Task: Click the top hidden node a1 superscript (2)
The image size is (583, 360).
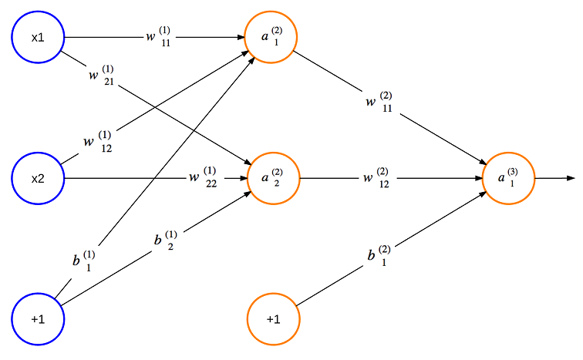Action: [x=271, y=37]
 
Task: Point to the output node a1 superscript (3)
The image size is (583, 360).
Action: [x=508, y=178]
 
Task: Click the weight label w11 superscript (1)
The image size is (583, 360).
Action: [x=158, y=37]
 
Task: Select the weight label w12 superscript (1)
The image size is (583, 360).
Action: [x=98, y=142]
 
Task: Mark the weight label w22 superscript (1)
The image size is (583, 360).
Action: [x=203, y=177]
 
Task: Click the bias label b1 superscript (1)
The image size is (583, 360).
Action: [x=84, y=261]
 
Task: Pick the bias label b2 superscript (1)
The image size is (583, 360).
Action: [x=166, y=241]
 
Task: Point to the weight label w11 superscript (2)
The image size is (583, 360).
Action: [x=379, y=102]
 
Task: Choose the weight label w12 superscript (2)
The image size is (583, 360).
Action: [x=376, y=177]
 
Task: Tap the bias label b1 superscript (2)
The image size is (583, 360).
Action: [x=379, y=256]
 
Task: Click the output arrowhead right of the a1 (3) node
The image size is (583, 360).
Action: [x=571, y=178]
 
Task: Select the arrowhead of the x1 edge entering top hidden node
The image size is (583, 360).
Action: [x=240, y=37]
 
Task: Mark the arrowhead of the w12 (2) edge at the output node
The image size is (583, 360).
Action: [x=478, y=178]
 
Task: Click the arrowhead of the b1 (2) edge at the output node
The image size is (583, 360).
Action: [x=483, y=194]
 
